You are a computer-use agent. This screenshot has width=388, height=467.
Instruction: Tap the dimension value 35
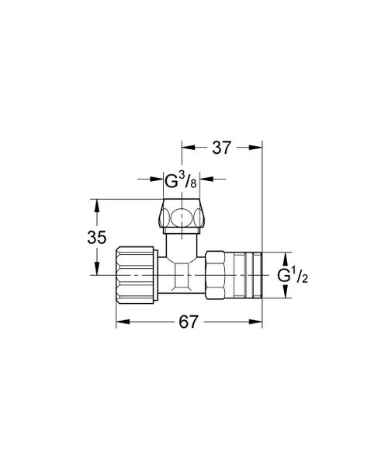pyautogui.click(x=96, y=239)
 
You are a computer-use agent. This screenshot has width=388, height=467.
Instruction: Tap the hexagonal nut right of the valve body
pyautogui.click(x=217, y=274)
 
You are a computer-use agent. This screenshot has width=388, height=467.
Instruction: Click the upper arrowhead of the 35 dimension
pyautogui.click(x=96, y=204)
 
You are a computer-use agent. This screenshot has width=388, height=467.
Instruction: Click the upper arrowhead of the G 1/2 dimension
pyautogui.click(x=284, y=256)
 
